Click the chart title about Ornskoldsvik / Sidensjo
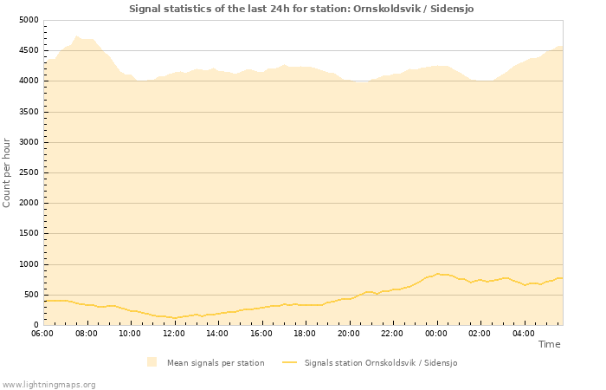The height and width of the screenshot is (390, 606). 301,9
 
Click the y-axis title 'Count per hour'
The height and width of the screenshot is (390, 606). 8,172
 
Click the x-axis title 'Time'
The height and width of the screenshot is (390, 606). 549,344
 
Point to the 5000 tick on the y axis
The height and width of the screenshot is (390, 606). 29,20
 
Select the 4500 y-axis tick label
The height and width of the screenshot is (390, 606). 29,50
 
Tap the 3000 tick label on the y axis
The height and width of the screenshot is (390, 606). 29,142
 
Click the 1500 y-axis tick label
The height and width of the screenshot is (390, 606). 29,234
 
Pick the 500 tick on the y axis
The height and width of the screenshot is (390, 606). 31,295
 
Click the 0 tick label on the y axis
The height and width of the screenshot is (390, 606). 36,326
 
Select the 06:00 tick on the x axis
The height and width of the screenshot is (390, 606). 42,334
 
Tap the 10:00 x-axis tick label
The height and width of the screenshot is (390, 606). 130,334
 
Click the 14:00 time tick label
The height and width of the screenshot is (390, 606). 217,334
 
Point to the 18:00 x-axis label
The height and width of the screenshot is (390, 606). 305,334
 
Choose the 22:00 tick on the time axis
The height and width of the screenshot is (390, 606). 392,334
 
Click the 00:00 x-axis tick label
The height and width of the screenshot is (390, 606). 436,334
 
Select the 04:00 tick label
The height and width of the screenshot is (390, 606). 524,334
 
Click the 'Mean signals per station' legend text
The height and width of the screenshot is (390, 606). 216,363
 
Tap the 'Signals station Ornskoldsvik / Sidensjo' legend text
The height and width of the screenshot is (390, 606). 380,363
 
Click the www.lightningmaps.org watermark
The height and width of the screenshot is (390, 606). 49,384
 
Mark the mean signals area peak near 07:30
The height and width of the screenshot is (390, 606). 77,36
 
